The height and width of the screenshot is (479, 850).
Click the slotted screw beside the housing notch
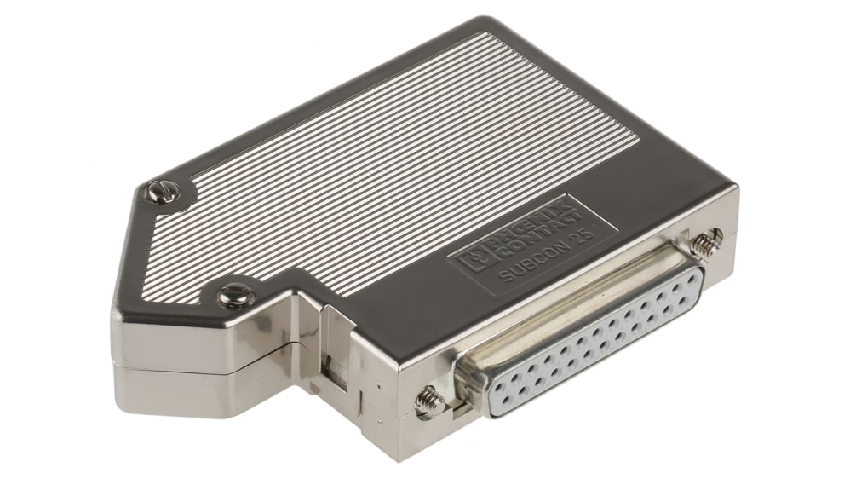(235, 296)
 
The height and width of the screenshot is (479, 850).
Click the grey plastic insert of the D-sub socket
(596, 341)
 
